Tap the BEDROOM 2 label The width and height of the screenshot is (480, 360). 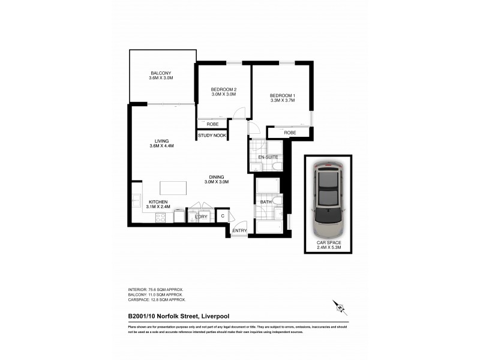coord(223,90)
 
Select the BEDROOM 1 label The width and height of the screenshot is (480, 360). coord(282,96)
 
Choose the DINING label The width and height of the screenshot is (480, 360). coord(217,177)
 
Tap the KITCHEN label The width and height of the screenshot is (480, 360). coord(158,202)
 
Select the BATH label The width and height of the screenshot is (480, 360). coord(265,202)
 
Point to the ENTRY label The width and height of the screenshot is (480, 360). coord(239,230)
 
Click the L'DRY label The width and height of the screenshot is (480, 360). coord(200,216)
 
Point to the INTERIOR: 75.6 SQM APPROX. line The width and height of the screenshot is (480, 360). coord(157,289)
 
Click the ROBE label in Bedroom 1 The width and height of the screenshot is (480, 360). coord(290,133)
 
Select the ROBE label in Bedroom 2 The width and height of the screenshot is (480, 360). coord(212,124)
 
